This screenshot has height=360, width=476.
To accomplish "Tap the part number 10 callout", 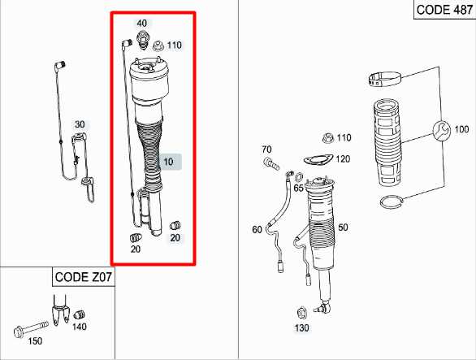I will (169, 162).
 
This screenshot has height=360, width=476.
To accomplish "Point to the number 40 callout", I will (142, 23).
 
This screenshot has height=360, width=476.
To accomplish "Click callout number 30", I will (80, 124).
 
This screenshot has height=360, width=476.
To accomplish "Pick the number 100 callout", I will (461, 129).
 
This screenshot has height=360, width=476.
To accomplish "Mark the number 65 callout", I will (299, 188).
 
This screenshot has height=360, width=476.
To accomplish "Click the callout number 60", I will (257, 230).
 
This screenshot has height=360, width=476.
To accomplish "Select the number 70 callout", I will (266, 150).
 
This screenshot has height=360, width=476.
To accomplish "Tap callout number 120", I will (343, 158).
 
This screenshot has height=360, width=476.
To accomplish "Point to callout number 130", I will (302, 328).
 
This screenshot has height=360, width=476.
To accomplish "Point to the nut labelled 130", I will (302, 312).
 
